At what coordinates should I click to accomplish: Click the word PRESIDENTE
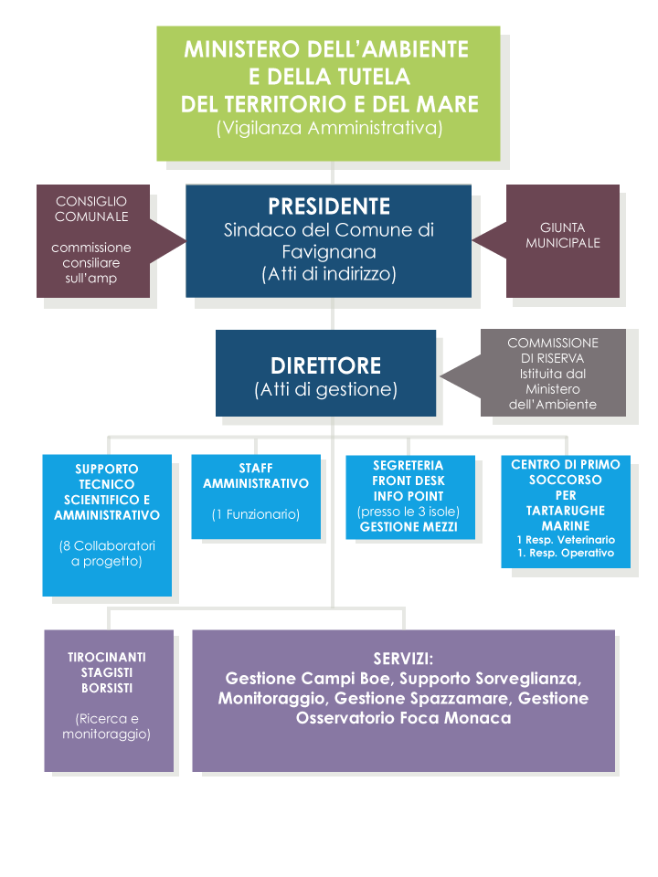(x=329, y=206)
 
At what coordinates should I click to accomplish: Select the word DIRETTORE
(x=325, y=365)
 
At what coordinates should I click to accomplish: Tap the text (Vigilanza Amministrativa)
(x=330, y=128)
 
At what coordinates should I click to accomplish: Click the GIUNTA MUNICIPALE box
(x=562, y=241)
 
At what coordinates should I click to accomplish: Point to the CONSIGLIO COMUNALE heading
(x=91, y=208)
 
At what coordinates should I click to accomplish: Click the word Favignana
(x=329, y=252)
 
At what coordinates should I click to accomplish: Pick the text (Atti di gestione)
(x=325, y=389)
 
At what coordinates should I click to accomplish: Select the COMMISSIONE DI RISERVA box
(x=553, y=373)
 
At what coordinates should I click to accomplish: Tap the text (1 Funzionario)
(x=256, y=514)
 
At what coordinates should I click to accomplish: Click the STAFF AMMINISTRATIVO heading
(x=256, y=475)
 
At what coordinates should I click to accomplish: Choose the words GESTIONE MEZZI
(x=409, y=527)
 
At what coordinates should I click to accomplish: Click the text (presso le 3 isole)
(x=409, y=512)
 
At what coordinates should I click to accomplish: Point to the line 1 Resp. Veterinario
(x=566, y=540)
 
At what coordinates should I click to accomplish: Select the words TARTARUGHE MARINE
(x=566, y=518)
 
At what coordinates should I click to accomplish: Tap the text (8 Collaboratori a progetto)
(x=107, y=554)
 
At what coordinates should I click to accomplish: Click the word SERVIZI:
(x=403, y=659)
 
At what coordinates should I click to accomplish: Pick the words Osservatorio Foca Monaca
(x=403, y=718)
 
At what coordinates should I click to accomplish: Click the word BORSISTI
(x=107, y=688)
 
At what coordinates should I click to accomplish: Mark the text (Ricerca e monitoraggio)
(x=106, y=726)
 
